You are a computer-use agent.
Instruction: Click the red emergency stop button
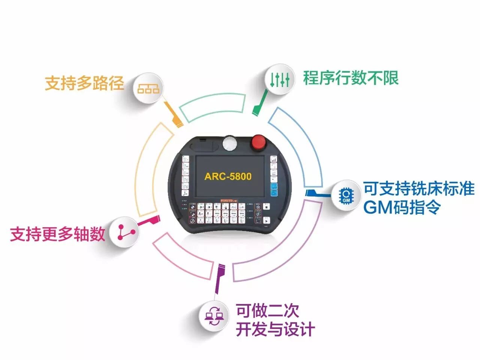coord(259,142)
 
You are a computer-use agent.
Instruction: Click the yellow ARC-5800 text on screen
coord(228,177)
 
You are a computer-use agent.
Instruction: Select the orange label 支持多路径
coord(84,83)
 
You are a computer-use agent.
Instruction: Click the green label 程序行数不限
coord(351,78)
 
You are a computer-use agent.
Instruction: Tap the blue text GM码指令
coord(402,207)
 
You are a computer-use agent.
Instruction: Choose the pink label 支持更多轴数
coord(57,234)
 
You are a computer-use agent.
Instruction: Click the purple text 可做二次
coord(267,311)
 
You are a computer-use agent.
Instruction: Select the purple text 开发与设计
coord(275,330)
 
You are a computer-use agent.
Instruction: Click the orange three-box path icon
coord(148,88)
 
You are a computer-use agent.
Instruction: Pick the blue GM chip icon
coord(346,195)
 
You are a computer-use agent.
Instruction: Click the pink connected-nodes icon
coord(125,232)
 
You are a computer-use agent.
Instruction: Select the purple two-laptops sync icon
coord(214,316)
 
